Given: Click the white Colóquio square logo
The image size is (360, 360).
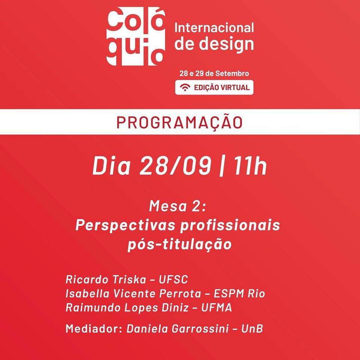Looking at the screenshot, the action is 136,36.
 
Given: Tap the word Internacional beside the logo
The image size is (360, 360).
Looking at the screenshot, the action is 214,28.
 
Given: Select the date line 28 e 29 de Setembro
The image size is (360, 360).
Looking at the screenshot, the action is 214,73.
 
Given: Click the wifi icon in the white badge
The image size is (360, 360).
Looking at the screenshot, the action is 185,87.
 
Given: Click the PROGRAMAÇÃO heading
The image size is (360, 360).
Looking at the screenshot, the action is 180,123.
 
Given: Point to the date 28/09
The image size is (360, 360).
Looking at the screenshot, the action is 175,165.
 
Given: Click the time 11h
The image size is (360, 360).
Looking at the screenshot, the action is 251,165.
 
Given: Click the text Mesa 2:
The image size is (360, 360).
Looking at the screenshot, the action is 178,206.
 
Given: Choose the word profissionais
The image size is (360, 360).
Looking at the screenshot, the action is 230,225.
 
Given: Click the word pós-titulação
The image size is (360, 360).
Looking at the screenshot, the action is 180,244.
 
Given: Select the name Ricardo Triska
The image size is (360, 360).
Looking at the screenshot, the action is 106,279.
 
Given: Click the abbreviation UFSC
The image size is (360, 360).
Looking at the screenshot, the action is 173,279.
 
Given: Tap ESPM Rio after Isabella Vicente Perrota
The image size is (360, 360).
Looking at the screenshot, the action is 239,294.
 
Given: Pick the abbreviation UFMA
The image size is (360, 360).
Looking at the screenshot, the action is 217,308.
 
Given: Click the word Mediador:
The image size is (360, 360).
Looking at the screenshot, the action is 94,328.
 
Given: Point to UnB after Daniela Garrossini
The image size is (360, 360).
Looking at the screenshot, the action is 252,329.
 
